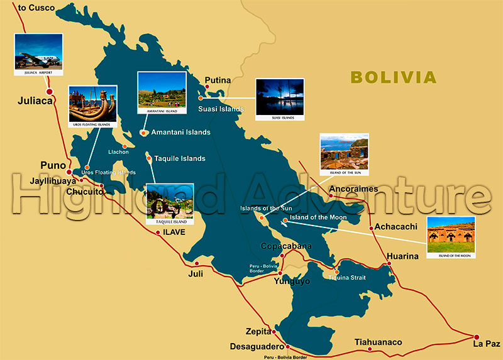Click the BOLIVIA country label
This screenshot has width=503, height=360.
pos(393,77)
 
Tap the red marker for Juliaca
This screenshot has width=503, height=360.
pos(50,92)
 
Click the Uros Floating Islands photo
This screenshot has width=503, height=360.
pos(92,107)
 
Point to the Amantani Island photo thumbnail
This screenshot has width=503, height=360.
pos(162,92)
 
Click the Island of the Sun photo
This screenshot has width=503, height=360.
pos(344,155)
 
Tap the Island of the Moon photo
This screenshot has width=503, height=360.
pos(451,237)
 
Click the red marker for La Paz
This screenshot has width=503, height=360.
pos(477,337)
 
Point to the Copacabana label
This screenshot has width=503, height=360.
pos(286,246)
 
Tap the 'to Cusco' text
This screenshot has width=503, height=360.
pos(37,8)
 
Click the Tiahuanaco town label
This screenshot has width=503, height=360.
pos(378,342)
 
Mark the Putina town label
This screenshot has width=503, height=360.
pos(218,80)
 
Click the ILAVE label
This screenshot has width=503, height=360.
pos(175,232)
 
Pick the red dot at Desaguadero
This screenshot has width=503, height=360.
pos(287,346)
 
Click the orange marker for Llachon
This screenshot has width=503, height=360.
pos(126,146)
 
